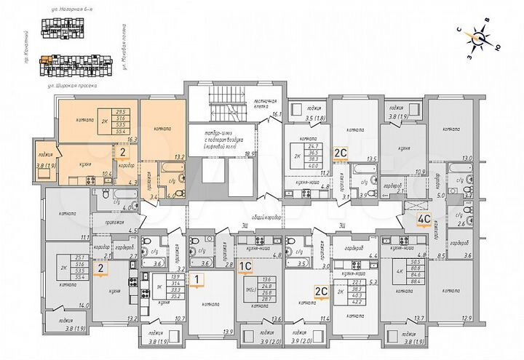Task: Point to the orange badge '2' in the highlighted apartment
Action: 124,153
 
